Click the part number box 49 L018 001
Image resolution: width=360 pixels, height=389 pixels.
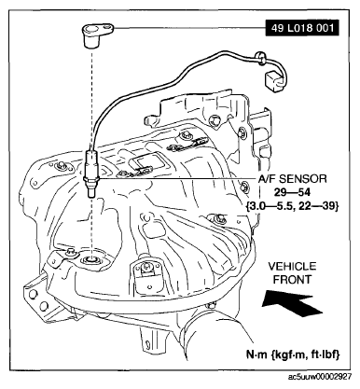click(x=296, y=28)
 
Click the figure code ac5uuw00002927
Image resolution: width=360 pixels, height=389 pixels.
click(x=318, y=380)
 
